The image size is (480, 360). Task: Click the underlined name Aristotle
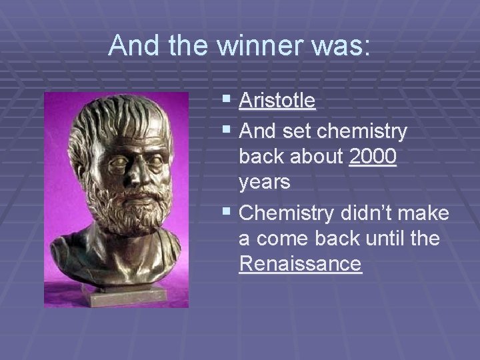[x=277, y=101]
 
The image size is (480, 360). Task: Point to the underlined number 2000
[x=373, y=157]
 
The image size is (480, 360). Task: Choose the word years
[x=265, y=183]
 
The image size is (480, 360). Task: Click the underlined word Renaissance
[x=300, y=264]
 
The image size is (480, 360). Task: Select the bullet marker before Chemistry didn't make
[x=228, y=214]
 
